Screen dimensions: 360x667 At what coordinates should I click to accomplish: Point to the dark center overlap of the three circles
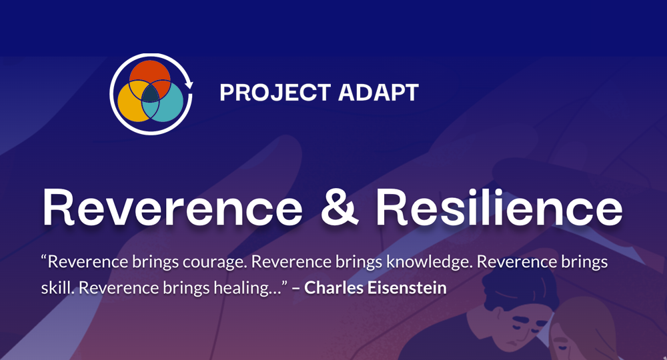151,93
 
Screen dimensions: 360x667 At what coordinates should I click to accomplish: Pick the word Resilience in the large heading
499,208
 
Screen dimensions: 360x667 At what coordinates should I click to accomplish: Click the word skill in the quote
55,289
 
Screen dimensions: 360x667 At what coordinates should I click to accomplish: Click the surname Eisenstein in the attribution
407,289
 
